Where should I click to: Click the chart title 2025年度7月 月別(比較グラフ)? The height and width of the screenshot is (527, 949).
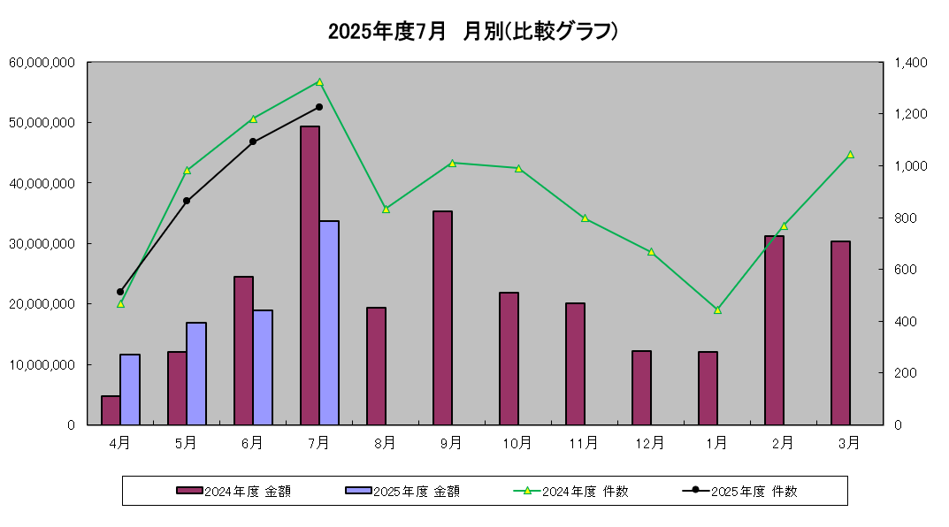473,32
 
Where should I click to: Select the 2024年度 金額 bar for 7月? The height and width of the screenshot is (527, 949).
310,275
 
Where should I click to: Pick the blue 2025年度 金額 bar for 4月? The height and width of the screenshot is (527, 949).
130,389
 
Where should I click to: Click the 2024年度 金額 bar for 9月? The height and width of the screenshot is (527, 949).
442,317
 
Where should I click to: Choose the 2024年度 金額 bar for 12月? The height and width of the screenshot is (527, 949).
641,387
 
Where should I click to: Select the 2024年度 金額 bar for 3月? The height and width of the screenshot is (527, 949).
840,332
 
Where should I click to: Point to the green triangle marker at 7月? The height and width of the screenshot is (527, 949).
319,82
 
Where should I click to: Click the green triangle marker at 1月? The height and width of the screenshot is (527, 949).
717,309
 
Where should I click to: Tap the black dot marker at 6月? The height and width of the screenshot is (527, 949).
253,141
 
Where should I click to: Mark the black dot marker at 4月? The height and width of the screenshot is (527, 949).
120,292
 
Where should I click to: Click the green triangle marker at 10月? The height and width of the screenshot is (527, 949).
518,168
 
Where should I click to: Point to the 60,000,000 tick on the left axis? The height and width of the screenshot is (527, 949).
42,63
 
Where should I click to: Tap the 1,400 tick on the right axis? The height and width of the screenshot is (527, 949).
910,63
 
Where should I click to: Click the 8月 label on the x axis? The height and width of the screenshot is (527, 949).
386,442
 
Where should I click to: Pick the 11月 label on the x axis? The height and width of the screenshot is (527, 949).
585,442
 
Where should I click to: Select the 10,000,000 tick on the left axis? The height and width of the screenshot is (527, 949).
42,364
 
